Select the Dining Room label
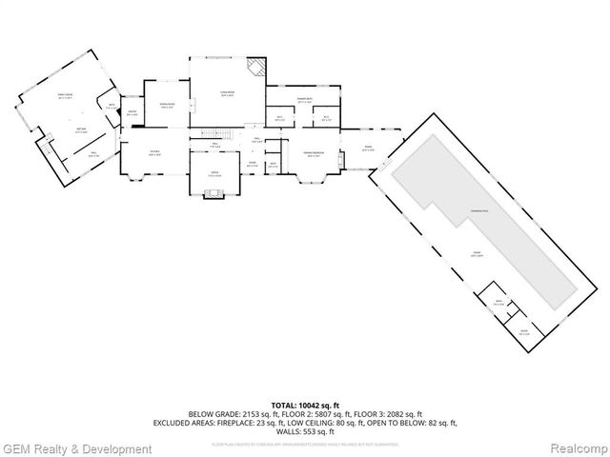click(166, 104)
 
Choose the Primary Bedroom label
click(315, 152)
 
